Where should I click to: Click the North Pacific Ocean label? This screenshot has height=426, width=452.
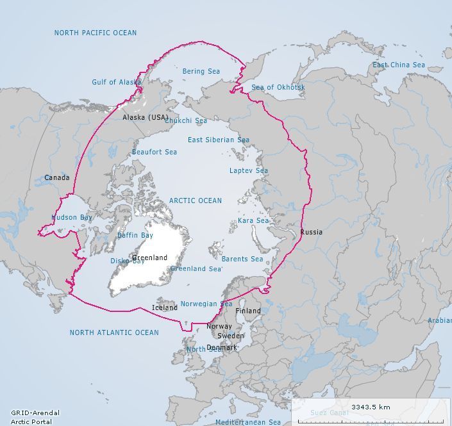tap(96, 33)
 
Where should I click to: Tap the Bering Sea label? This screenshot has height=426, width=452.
tap(201, 71)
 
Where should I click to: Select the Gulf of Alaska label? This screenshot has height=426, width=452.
tap(117, 82)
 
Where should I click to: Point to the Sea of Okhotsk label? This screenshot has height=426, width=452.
tap(278, 87)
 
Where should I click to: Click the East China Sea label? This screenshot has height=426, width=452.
tap(399, 65)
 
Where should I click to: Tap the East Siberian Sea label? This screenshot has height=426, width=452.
tap(218, 140)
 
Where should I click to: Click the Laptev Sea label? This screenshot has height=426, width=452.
tap(249, 170)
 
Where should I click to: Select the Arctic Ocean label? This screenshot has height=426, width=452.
tap(196, 201)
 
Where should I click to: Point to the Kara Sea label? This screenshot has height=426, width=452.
tap(253, 220)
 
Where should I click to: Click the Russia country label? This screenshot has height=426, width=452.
tap(311, 232)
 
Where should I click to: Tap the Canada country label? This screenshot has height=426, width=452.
tap(56, 177)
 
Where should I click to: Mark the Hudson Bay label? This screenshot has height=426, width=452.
tap(72, 217)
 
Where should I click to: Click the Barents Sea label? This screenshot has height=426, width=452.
tap(242, 259)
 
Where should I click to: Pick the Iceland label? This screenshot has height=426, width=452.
tap(165, 307)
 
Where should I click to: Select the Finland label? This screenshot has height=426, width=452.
tap(248, 311)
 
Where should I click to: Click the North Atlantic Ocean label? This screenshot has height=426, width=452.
tap(114, 332)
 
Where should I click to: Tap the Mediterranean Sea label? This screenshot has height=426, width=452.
tap(247, 422)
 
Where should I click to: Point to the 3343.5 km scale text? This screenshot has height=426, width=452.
tap(371, 407)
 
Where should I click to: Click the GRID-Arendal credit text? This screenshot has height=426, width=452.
tap(31, 413)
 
